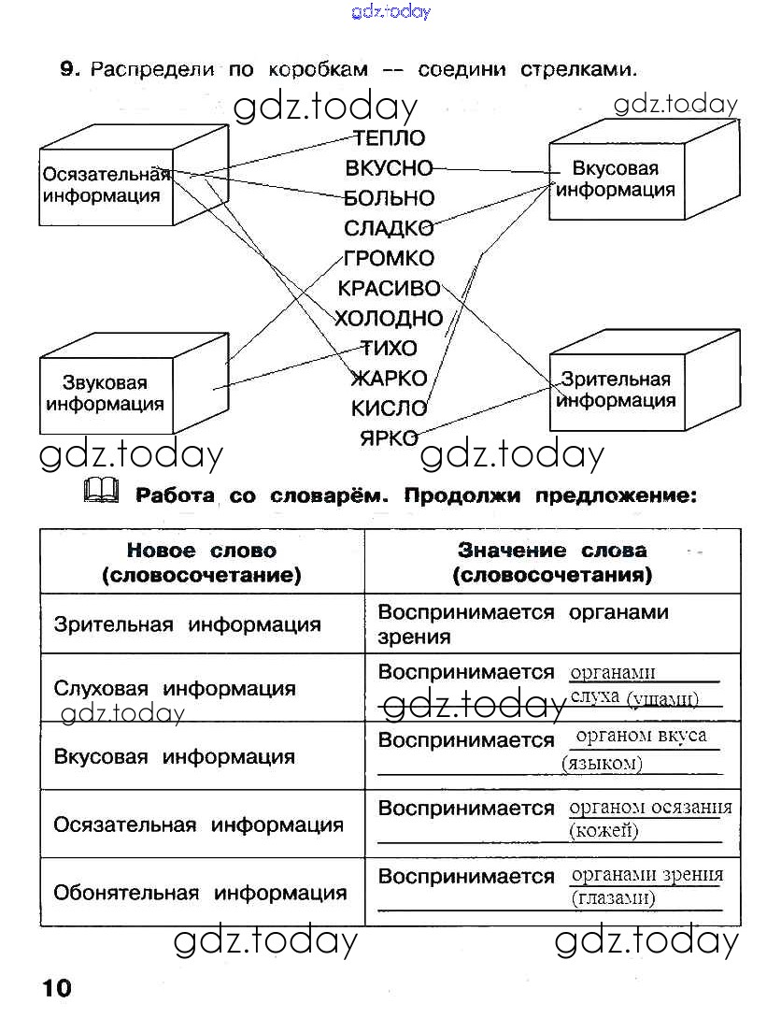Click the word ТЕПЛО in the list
coord(390,138)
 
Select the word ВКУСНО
coord(390,168)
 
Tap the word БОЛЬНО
coord(390,198)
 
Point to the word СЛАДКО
coord(389,228)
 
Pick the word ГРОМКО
coord(389,258)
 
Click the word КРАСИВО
coord(389,288)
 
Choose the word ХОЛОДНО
coord(389,318)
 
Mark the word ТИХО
coord(389,348)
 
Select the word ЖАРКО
coord(389,378)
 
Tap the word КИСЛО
coord(389,408)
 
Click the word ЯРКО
coord(389,437)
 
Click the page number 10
coord(55,987)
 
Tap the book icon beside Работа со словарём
coord(101,489)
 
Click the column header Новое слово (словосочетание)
coord(202,562)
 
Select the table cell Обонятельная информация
coord(199,893)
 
